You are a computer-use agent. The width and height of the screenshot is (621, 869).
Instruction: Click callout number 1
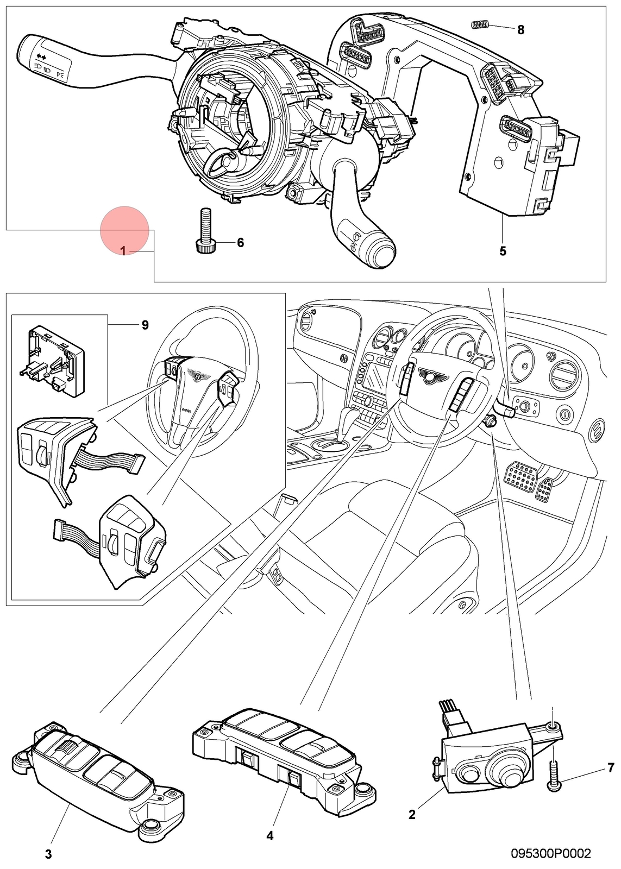(x=123, y=252)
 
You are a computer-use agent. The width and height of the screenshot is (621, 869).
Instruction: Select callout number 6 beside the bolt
(x=240, y=243)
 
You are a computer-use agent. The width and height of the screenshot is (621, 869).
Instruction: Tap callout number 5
(x=503, y=251)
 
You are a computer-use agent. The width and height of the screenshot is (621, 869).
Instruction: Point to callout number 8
(x=520, y=29)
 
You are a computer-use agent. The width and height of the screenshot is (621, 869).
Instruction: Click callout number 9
(x=145, y=325)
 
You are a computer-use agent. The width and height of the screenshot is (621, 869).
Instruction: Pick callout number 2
(x=412, y=815)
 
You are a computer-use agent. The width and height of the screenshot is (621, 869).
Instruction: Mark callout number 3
(x=48, y=854)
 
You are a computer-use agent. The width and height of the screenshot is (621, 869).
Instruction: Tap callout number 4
(x=269, y=836)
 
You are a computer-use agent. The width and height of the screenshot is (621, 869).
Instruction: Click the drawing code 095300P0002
(x=551, y=853)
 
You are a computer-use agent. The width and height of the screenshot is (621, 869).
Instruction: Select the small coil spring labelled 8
(x=479, y=25)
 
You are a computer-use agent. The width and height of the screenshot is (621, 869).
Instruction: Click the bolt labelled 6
(x=205, y=231)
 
